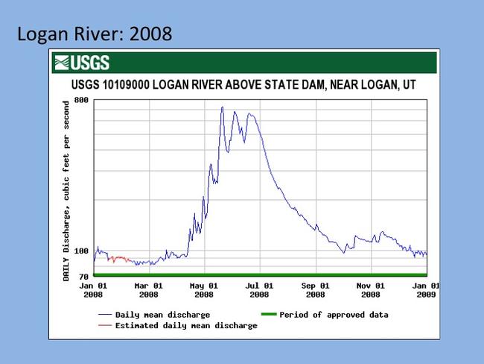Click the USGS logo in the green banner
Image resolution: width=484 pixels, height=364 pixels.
click(x=81, y=63)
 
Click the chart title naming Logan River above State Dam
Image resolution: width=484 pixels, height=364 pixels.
click(x=243, y=86)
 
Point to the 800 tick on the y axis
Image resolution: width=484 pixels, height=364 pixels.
click(x=81, y=100)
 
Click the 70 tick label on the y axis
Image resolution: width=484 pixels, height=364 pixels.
click(x=83, y=277)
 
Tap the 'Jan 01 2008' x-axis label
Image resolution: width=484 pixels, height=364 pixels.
click(x=94, y=289)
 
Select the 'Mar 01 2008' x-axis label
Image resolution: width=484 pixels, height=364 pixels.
click(x=149, y=289)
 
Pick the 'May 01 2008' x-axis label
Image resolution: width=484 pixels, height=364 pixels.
click(x=205, y=289)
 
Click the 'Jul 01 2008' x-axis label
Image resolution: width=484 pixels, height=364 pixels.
click(x=260, y=289)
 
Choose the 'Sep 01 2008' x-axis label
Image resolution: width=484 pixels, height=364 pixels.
click(x=316, y=289)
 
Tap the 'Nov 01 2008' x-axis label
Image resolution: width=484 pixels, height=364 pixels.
click(x=372, y=289)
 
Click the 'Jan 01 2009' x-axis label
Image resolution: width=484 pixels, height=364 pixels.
click(x=425, y=289)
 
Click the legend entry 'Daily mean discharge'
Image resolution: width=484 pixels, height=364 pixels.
click(x=162, y=315)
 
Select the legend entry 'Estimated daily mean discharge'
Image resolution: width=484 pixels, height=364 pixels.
click(x=186, y=325)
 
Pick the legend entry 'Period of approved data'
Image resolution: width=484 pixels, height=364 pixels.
click(x=334, y=315)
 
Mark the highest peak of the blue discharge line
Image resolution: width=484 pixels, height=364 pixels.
click(x=222, y=107)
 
